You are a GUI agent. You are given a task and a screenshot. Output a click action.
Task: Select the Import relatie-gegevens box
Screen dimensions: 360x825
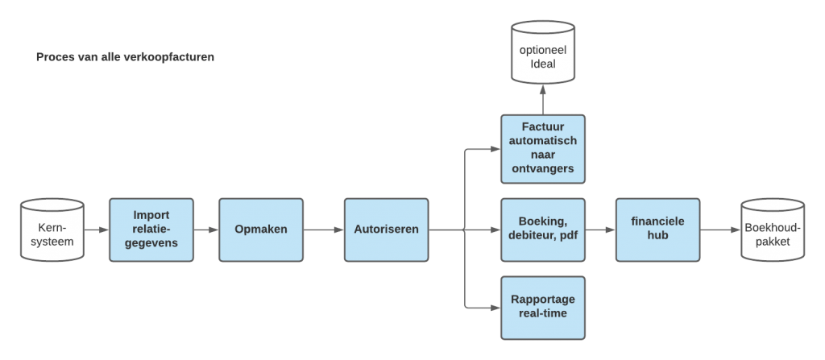point(151,230)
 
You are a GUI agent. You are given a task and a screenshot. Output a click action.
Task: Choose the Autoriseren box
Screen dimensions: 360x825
point(386,230)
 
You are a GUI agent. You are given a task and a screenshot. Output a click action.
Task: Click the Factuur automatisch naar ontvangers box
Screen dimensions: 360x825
point(542,149)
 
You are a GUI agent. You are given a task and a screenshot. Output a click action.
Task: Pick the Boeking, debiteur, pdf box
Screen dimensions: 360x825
point(542,230)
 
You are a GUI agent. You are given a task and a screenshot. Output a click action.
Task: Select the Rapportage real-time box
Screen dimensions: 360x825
point(542,307)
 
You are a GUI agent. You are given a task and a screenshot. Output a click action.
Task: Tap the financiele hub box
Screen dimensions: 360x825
point(657,230)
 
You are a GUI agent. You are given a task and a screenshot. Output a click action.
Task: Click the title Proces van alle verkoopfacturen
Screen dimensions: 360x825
point(125,58)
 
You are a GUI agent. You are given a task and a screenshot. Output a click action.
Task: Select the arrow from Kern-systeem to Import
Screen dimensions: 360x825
point(96,230)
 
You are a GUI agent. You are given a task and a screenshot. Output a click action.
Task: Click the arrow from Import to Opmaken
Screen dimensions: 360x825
point(206,230)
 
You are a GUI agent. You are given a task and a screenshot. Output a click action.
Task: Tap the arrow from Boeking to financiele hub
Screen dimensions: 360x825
point(600,230)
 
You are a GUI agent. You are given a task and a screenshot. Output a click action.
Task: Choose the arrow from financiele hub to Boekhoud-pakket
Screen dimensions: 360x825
point(719,230)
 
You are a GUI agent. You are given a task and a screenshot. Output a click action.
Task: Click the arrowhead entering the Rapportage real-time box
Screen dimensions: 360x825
point(495,307)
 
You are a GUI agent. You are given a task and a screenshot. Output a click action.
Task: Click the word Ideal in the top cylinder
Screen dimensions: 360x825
point(542,64)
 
